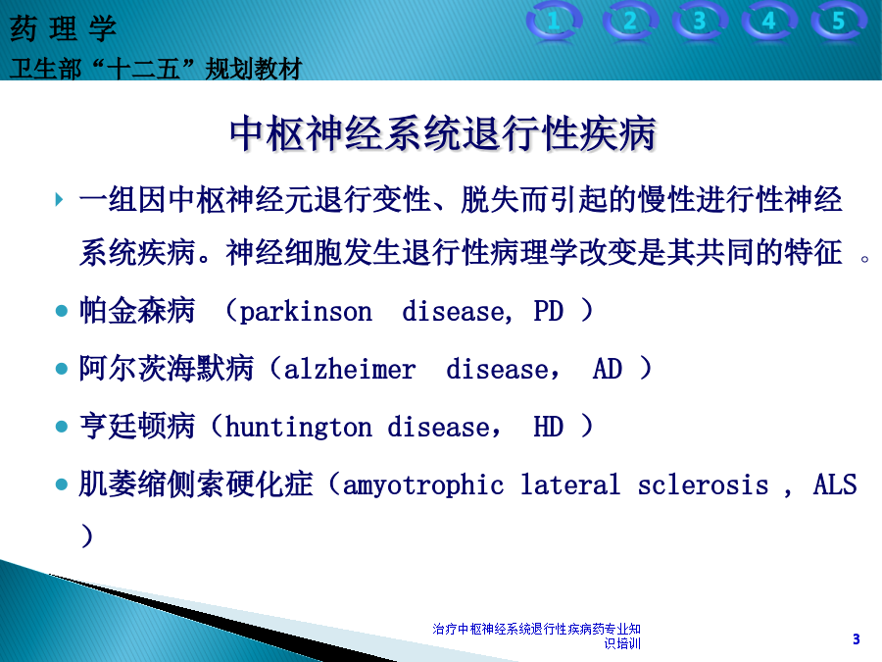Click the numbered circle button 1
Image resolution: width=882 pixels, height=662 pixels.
(x=554, y=22)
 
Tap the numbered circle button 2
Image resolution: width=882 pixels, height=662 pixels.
(x=630, y=22)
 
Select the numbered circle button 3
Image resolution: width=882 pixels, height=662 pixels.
(x=699, y=22)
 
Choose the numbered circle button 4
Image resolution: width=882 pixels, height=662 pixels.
(x=769, y=22)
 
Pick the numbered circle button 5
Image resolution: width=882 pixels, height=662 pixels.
(x=839, y=22)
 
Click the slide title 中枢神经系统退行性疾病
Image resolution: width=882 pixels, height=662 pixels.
(x=443, y=133)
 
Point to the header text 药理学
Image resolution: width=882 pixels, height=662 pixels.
(x=63, y=28)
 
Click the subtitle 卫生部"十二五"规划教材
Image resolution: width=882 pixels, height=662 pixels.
(x=156, y=69)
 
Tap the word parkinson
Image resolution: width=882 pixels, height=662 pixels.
(x=306, y=312)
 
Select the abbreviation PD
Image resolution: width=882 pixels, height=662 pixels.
(x=549, y=311)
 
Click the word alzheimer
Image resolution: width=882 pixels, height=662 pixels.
(x=349, y=370)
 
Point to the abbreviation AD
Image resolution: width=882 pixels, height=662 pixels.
(x=608, y=370)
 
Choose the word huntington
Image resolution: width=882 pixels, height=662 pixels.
(x=298, y=428)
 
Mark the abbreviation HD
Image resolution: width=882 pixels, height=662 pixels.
(x=549, y=427)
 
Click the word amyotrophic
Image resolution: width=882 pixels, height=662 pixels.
(x=423, y=485)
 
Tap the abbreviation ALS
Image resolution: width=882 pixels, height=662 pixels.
(x=835, y=484)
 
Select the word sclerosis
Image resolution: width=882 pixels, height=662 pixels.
(x=703, y=484)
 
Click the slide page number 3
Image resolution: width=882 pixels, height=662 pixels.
(x=857, y=638)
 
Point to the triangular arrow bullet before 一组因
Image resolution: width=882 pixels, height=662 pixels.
(x=59, y=199)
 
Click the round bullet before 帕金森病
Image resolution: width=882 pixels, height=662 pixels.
(x=62, y=311)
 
